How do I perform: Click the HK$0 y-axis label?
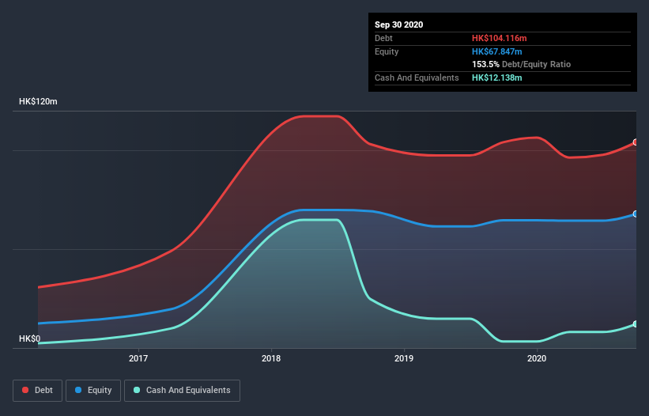click(x=29, y=338)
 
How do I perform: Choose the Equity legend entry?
click(x=93, y=390)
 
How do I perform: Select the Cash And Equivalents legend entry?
click(x=182, y=390)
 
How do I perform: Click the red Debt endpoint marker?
click(x=636, y=142)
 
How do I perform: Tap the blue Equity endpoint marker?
click(x=636, y=214)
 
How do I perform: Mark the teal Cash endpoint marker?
click(x=636, y=324)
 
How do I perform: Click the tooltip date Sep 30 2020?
click(x=399, y=25)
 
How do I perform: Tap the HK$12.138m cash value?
click(x=497, y=78)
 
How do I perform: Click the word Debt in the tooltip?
click(x=383, y=38)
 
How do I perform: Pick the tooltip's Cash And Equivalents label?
click(x=417, y=78)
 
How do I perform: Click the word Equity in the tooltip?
click(x=387, y=51)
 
